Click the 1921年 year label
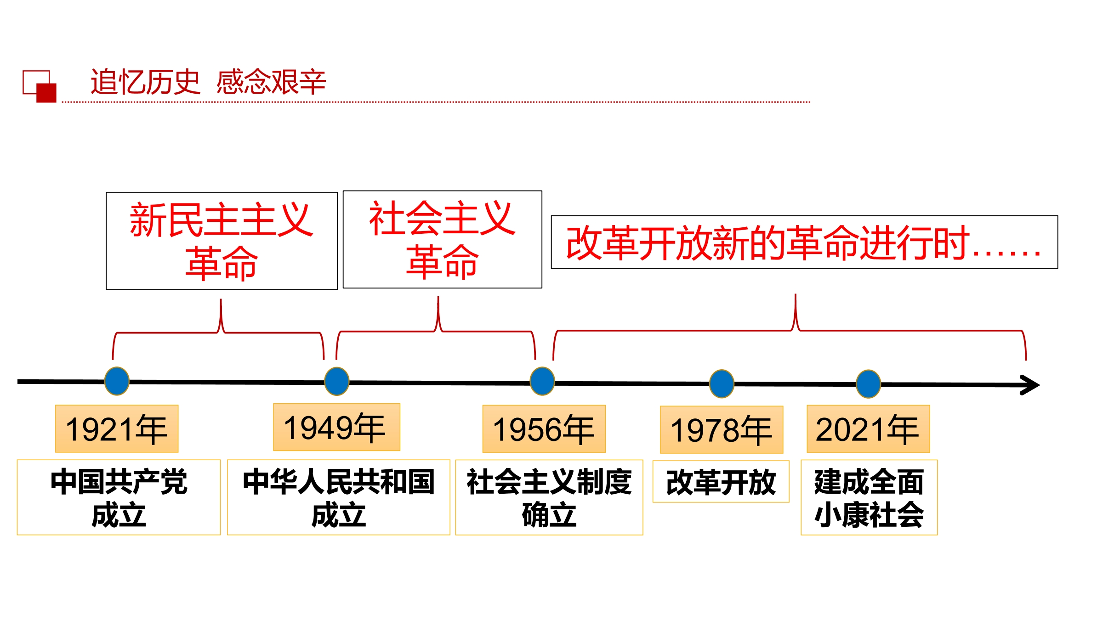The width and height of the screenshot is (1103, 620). point(117,428)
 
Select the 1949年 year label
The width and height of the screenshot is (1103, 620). point(336,427)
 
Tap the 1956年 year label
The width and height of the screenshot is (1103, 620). point(544,428)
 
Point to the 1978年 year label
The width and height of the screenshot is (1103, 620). point(722,429)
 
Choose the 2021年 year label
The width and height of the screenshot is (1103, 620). point(868,428)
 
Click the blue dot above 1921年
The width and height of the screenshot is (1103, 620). point(117,381)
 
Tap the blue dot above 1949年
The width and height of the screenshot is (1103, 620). point(337,382)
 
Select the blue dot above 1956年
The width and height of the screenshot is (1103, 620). point(542,382)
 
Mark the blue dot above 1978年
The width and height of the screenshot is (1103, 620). point(722,384)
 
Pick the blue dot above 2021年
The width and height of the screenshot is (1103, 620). point(868,384)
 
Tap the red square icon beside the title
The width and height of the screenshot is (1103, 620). point(46,93)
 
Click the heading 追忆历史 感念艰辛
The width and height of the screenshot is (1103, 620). point(208,82)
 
